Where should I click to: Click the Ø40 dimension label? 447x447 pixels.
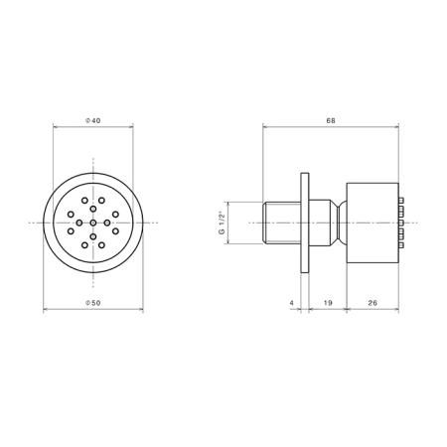click(x=93, y=121)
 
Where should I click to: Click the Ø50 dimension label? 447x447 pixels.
click(x=93, y=303)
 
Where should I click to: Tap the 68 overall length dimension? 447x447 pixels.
click(x=331, y=121)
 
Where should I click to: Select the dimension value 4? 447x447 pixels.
click(x=291, y=303)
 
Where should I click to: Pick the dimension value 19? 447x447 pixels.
click(x=328, y=303)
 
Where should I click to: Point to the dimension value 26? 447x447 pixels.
click(x=372, y=303)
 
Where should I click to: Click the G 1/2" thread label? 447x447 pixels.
click(x=223, y=223)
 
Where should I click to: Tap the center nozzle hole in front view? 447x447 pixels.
click(x=93, y=223)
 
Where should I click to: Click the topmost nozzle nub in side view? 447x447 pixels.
click(x=401, y=201)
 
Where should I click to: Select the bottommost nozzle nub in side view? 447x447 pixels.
click(x=401, y=245)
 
